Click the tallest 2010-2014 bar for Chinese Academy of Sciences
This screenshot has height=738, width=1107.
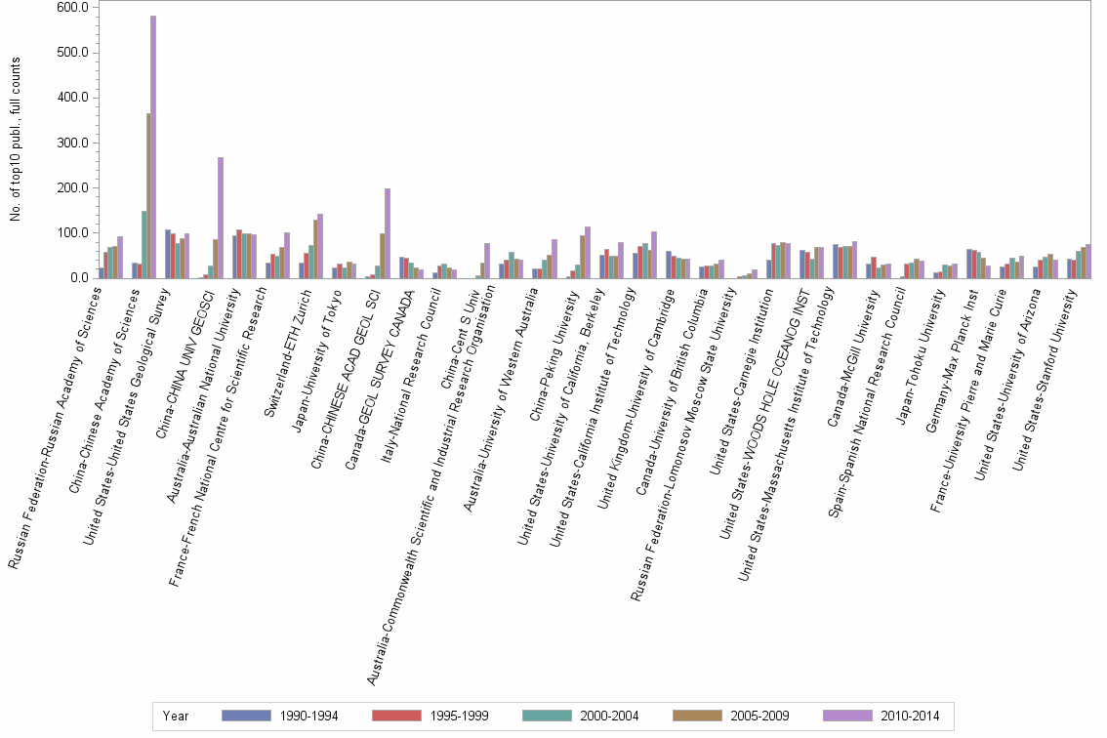(x=153, y=146)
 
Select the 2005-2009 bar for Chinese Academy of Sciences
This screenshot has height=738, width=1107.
(x=148, y=195)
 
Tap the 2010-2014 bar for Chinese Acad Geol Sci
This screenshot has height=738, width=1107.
(x=388, y=233)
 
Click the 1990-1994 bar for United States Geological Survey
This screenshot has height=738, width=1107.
(x=168, y=254)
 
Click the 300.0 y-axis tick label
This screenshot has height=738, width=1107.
(x=74, y=143)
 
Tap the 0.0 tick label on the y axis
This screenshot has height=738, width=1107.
(x=80, y=278)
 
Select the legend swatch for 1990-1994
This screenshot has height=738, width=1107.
(x=246, y=716)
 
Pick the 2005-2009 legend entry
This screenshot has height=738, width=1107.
(x=741, y=716)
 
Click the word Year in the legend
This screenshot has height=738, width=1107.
(x=177, y=717)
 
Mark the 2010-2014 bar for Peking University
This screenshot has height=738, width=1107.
(x=588, y=253)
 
